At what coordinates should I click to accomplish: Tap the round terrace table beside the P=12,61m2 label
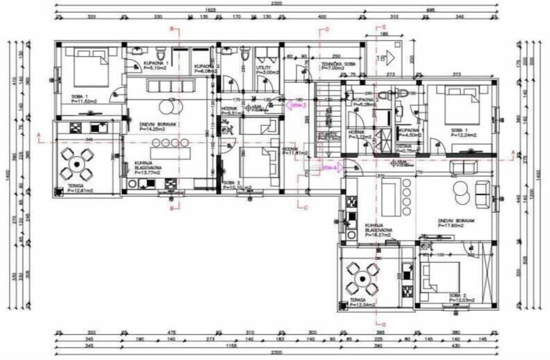77,163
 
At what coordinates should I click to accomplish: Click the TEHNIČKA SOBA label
338,66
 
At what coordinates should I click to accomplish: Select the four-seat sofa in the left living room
171,87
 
